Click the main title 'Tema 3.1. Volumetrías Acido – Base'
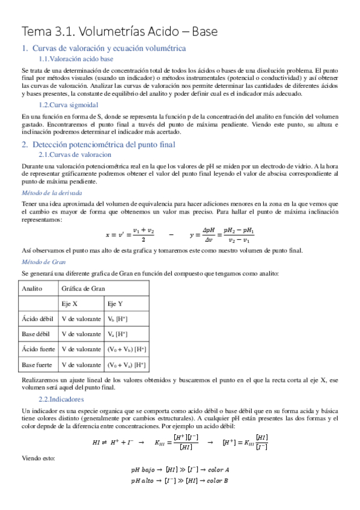pos(120,31)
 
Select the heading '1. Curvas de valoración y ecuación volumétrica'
pos(104,48)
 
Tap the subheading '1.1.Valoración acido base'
pos(76,59)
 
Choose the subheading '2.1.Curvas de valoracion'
pos(75,155)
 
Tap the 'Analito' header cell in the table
pos(32,289)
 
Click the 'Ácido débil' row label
pos(37,319)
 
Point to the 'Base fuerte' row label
pos(37,364)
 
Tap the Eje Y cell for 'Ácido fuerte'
pos(126,349)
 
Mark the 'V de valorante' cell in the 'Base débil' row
pos(81,334)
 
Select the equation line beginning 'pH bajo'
pos(180,469)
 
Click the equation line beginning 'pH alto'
pos(180,481)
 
